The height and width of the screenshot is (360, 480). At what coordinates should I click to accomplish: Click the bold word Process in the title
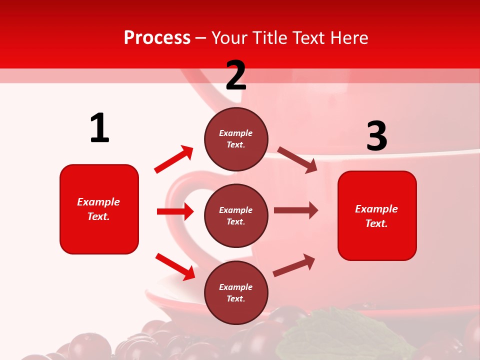(x=157, y=37)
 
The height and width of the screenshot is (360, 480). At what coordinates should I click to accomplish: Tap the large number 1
(x=99, y=128)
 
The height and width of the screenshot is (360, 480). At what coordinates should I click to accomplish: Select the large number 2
(x=236, y=75)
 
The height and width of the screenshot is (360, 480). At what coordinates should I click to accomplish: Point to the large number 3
(x=376, y=136)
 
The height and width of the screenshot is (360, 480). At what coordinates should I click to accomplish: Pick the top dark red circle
(x=236, y=139)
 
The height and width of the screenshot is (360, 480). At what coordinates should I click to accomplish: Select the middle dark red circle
(x=236, y=215)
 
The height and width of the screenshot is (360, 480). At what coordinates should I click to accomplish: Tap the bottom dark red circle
(x=236, y=292)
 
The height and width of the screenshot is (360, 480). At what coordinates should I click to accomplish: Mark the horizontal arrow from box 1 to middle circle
(x=175, y=211)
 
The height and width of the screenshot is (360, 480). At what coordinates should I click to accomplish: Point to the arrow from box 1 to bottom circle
(x=175, y=266)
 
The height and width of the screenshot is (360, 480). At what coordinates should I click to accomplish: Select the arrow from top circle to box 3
(x=297, y=160)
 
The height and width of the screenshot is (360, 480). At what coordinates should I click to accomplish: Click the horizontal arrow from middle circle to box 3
(x=296, y=210)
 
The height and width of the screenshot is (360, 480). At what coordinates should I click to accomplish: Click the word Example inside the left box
(x=98, y=202)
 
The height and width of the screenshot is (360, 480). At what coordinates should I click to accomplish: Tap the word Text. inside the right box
(x=376, y=223)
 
